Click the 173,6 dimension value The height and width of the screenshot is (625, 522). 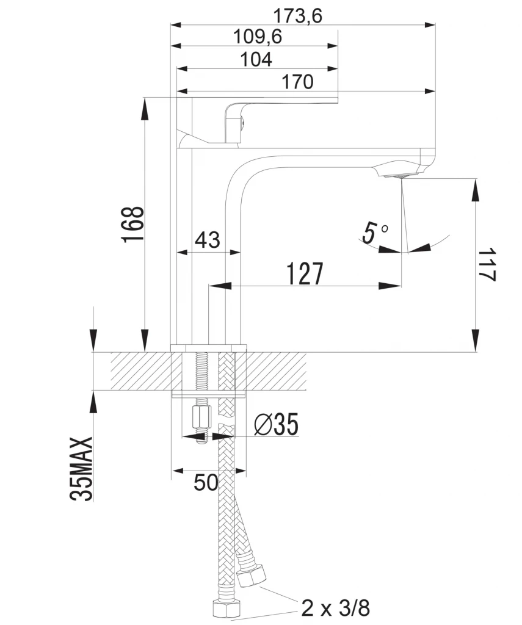(x=297, y=16)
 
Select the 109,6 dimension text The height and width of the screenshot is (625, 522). (x=258, y=37)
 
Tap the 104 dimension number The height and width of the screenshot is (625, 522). (x=256, y=59)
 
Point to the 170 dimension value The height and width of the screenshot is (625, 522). (x=298, y=82)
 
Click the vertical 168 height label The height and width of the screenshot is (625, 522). (x=133, y=225)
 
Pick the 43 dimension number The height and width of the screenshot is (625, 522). (x=208, y=240)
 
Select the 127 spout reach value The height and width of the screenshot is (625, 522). (x=305, y=274)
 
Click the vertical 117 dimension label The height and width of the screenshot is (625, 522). (x=487, y=265)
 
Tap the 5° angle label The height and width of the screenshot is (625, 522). (x=375, y=232)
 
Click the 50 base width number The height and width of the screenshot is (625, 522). (x=206, y=482)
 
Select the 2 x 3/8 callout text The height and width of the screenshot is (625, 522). (x=336, y=608)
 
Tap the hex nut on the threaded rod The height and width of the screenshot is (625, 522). (x=201, y=417)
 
